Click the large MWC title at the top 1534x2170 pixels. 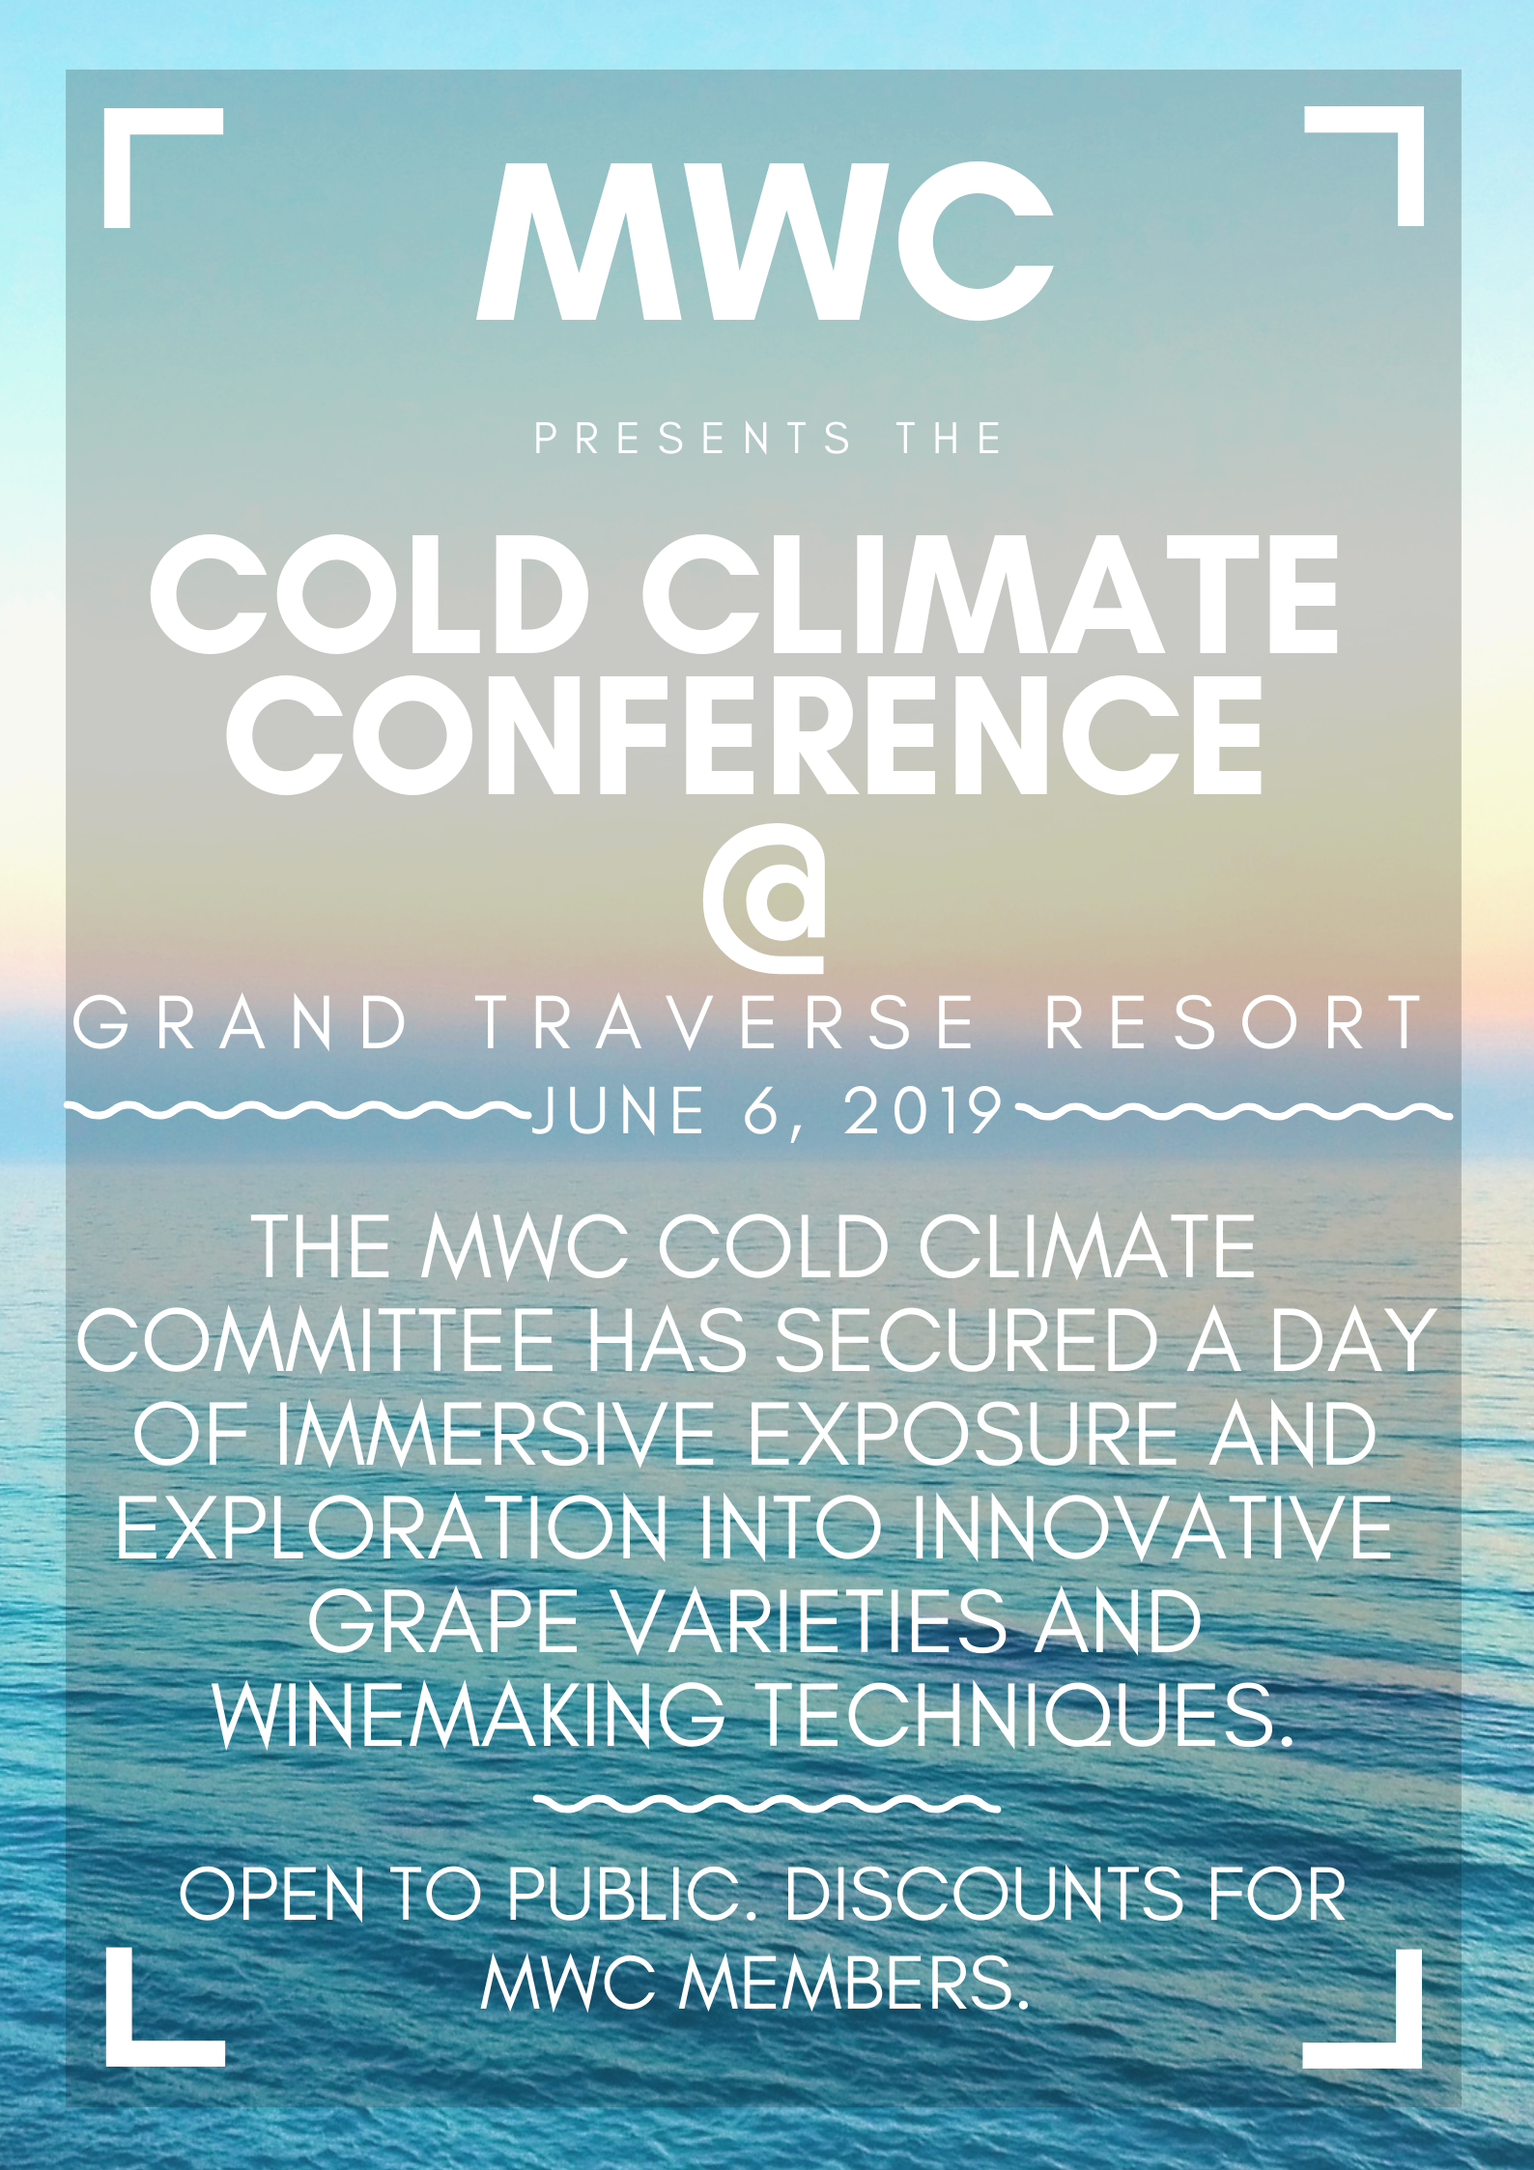(x=765, y=241)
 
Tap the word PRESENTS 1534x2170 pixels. (x=693, y=439)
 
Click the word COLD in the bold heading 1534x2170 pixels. (x=371, y=594)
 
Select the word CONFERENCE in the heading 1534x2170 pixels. (x=745, y=735)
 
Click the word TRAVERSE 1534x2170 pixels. (x=726, y=1023)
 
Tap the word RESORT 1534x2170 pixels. (x=1234, y=1023)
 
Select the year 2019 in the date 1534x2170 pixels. (x=924, y=1111)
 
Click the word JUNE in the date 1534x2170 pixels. (x=619, y=1111)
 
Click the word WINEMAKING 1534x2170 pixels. (x=469, y=1715)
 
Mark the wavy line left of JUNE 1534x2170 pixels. (x=298, y=1111)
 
